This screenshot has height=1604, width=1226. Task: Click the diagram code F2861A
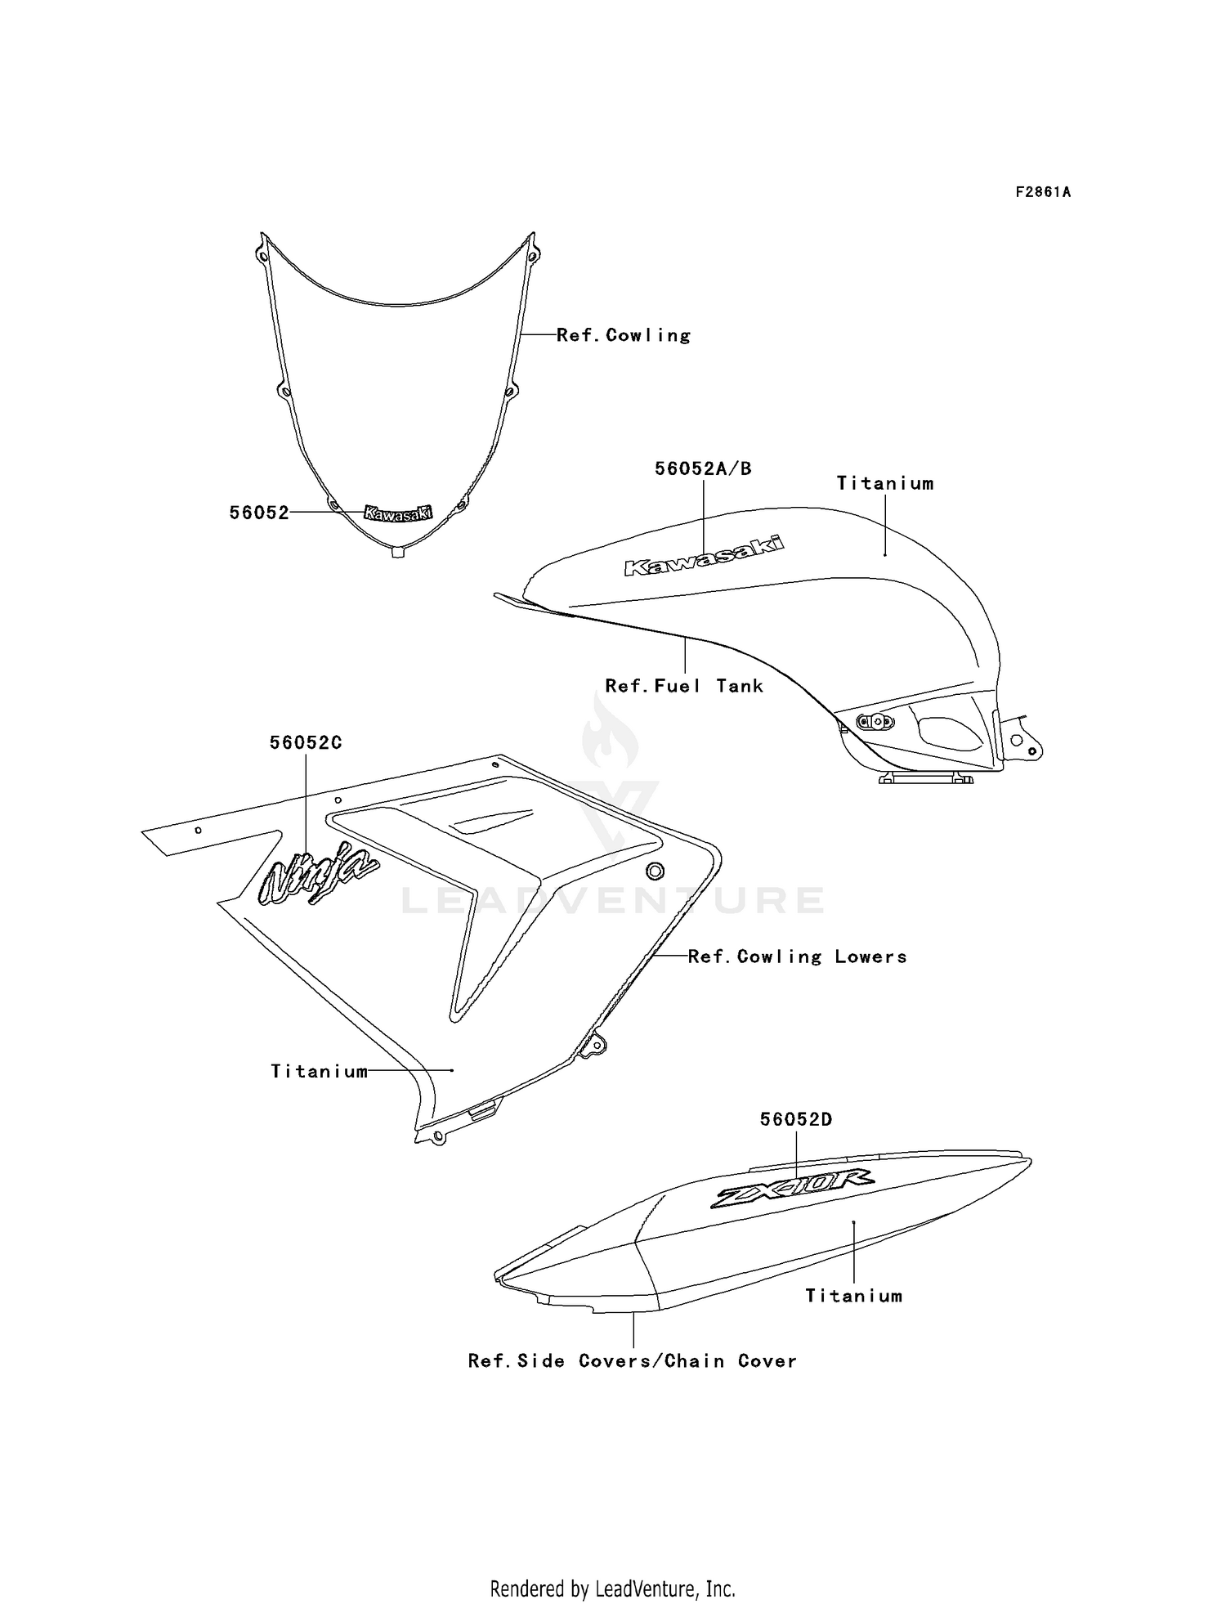[1043, 192]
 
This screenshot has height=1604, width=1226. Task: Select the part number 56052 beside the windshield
[259, 513]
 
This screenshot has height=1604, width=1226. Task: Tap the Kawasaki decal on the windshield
[398, 513]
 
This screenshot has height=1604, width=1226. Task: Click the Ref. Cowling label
[624, 335]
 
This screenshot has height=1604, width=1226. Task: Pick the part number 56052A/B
[703, 468]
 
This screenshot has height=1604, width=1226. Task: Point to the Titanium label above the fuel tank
[885, 483]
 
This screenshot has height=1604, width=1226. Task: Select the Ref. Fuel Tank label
[684, 686]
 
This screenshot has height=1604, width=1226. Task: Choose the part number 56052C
[306, 742]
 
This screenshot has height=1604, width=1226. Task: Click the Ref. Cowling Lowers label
[798, 957]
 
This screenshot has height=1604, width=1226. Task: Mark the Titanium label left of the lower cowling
[320, 1071]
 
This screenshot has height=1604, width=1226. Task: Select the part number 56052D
[796, 1119]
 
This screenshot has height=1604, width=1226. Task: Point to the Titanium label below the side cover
[854, 1296]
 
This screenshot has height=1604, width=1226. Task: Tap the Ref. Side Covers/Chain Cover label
[633, 1361]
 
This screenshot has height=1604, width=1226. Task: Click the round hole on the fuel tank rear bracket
[1016, 739]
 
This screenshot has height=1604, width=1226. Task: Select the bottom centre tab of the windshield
[398, 553]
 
